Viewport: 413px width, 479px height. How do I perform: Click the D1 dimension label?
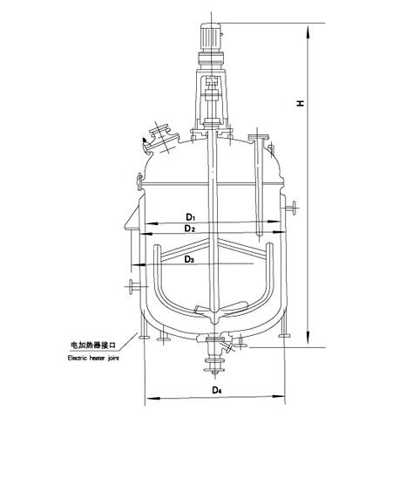click(190, 217)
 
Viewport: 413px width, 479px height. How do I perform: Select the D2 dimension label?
click(189, 229)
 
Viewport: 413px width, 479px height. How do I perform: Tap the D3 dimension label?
click(189, 260)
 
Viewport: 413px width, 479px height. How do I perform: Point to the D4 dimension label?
click(217, 390)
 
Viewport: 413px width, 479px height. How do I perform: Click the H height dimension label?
click(301, 103)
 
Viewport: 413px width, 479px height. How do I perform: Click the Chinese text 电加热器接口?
click(93, 346)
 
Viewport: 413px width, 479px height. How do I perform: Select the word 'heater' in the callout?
click(98, 358)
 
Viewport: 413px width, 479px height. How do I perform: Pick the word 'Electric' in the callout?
click(78, 358)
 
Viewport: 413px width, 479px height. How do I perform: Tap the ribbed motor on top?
click(211, 38)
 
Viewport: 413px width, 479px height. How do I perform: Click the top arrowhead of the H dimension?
click(308, 32)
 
